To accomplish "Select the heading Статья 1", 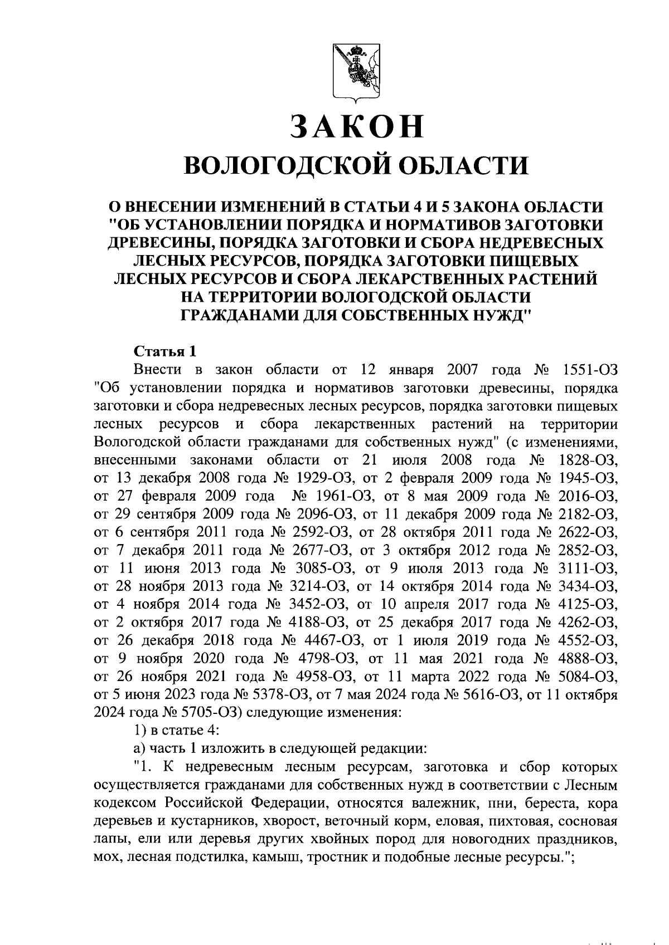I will pos(165,351).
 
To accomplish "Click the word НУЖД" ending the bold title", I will pos(502,315).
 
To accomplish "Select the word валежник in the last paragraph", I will pos(442,804).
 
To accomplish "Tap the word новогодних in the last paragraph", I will pos(499,840).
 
